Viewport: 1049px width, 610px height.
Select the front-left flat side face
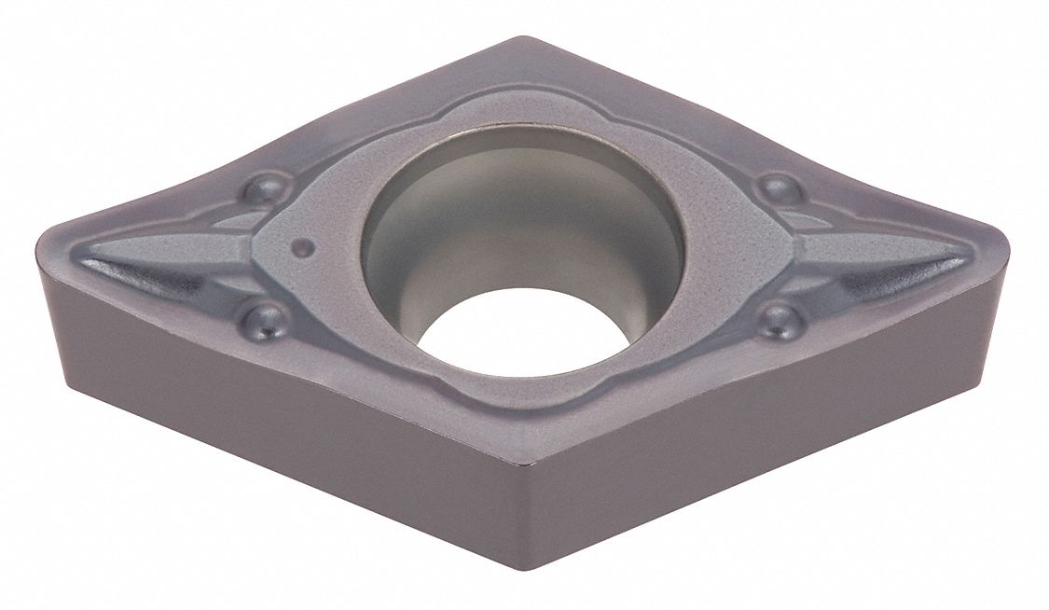pos(280,448)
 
